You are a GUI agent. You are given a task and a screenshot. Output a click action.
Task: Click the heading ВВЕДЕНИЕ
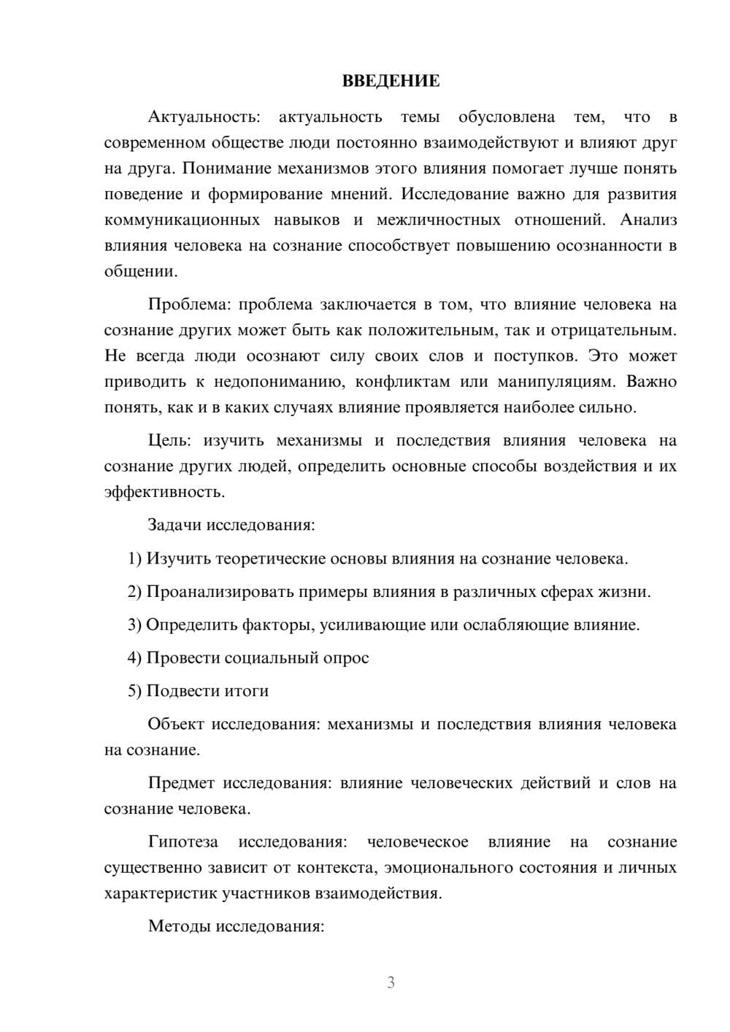click(391, 81)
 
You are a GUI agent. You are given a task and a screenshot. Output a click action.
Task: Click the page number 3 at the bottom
click(391, 982)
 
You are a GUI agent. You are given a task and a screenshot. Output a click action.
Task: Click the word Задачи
click(174, 525)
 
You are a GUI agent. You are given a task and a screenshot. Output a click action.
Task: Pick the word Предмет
click(181, 783)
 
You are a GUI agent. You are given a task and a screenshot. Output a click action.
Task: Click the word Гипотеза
click(182, 842)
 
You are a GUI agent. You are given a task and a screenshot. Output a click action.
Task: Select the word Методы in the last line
click(175, 926)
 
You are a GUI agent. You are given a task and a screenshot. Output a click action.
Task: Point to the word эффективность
click(164, 492)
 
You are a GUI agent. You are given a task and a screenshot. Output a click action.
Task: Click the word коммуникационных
click(182, 220)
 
